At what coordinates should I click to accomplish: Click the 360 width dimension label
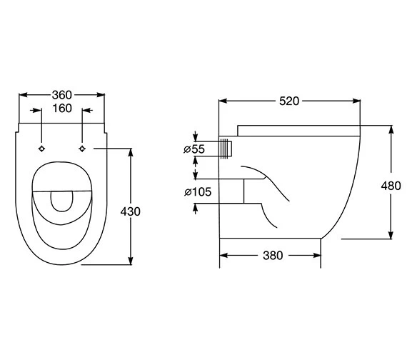click(x=61, y=94)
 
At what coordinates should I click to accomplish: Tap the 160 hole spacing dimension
click(x=63, y=109)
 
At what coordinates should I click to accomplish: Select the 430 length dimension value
click(x=131, y=211)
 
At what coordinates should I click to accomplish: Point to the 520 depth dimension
click(x=288, y=101)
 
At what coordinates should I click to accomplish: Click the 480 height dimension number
click(x=391, y=186)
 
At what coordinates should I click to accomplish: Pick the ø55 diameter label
click(x=194, y=149)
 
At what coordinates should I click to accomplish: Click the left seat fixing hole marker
click(x=43, y=148)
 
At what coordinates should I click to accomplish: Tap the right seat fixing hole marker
click(x=83, y=148)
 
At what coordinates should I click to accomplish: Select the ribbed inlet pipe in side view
click(x=226, y=149)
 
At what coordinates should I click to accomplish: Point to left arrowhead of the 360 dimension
click(x=21, y=94)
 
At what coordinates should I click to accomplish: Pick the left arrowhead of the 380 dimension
click(x=222, y=255)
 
